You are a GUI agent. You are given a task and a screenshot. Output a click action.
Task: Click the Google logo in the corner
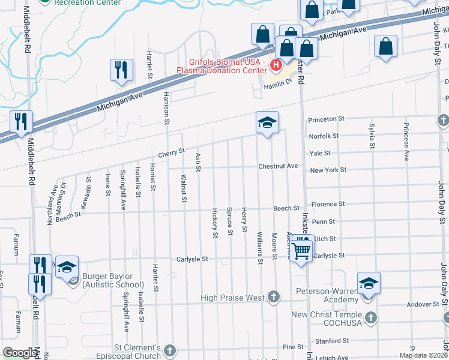[x=20, y=353]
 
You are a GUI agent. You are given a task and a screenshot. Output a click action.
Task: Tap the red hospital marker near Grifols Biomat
[x=276, y=65]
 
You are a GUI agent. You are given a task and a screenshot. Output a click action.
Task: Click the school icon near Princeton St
[x=267, y=122]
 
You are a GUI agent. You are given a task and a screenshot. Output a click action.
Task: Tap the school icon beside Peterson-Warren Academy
[x=369, y=283]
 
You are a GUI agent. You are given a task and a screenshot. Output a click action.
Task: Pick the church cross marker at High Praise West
[x=274, y=296]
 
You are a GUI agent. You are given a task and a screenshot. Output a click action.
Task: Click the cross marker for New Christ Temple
[x=372, y=316]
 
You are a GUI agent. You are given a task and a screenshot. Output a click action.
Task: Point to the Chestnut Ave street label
[x=278, y=166]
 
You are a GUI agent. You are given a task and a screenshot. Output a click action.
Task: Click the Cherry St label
[x=171, y=153]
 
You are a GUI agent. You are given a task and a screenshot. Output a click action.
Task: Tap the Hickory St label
[x=215, y=223]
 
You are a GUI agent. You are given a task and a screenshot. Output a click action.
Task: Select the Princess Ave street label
[x=406, y=142]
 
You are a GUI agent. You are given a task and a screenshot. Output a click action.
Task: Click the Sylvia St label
[x=372, y=136]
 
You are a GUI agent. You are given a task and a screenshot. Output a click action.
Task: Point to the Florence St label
[x=328, y=204]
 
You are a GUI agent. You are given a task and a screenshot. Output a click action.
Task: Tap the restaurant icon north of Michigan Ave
[x=121, y=70]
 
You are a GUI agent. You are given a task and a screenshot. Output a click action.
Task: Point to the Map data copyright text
[x=423, y=355]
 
